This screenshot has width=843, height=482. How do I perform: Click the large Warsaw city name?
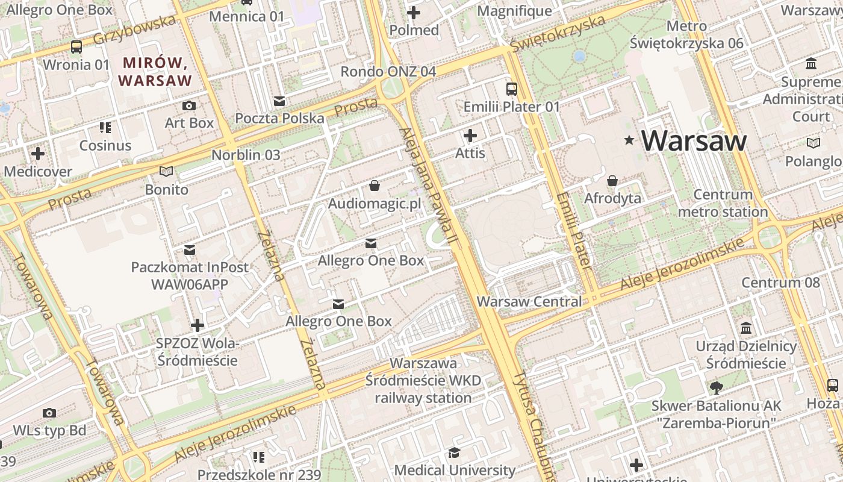point(694,140)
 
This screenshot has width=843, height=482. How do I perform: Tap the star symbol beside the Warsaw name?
point(630,140)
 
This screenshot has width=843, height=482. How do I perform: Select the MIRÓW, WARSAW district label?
point(155,71)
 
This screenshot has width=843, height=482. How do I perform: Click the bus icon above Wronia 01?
point(76,47)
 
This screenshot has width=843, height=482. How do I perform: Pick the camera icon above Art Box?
point(189,106)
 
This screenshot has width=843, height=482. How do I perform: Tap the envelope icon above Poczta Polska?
point(279,101)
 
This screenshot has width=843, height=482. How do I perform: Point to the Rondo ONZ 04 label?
point(388,72)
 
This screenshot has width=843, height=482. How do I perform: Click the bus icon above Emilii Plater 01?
point(512,89)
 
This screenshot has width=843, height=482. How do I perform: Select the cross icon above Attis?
point(470,136)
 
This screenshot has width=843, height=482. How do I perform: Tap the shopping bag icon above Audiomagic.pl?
point(375,186)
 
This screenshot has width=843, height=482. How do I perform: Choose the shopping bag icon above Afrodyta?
point(612,181)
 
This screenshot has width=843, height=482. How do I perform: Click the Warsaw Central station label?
point(529,301)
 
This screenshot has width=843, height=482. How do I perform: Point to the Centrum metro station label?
point(723,203)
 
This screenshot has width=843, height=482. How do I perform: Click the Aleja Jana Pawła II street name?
point(429,187)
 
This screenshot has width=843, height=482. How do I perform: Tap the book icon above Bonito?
point(166,172)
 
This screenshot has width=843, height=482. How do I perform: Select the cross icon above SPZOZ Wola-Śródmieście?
point(198,325)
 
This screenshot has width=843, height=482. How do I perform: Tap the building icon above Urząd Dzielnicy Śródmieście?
point(747,328)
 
